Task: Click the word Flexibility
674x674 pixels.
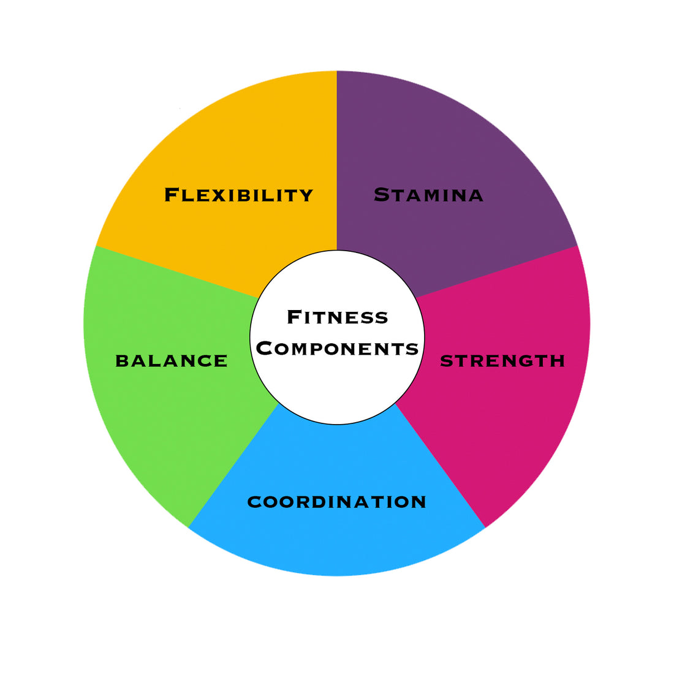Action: point(238,195)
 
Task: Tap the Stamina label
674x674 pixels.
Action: point(428,195)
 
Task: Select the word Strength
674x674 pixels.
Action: point(502,361)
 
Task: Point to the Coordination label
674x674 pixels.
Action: point(336,502)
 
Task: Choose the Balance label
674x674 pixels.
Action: point(172,361)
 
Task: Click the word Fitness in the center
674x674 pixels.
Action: point(338,317)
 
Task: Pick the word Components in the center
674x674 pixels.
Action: point(338,348)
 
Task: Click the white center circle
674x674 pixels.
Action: point(338,338)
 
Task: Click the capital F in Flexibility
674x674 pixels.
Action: point(172,195)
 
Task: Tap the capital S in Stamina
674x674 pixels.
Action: point(382,195)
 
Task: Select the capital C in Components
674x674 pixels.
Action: point(264,348)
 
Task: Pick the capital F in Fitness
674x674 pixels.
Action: point(293,317)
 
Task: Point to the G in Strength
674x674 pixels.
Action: point(526,361)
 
